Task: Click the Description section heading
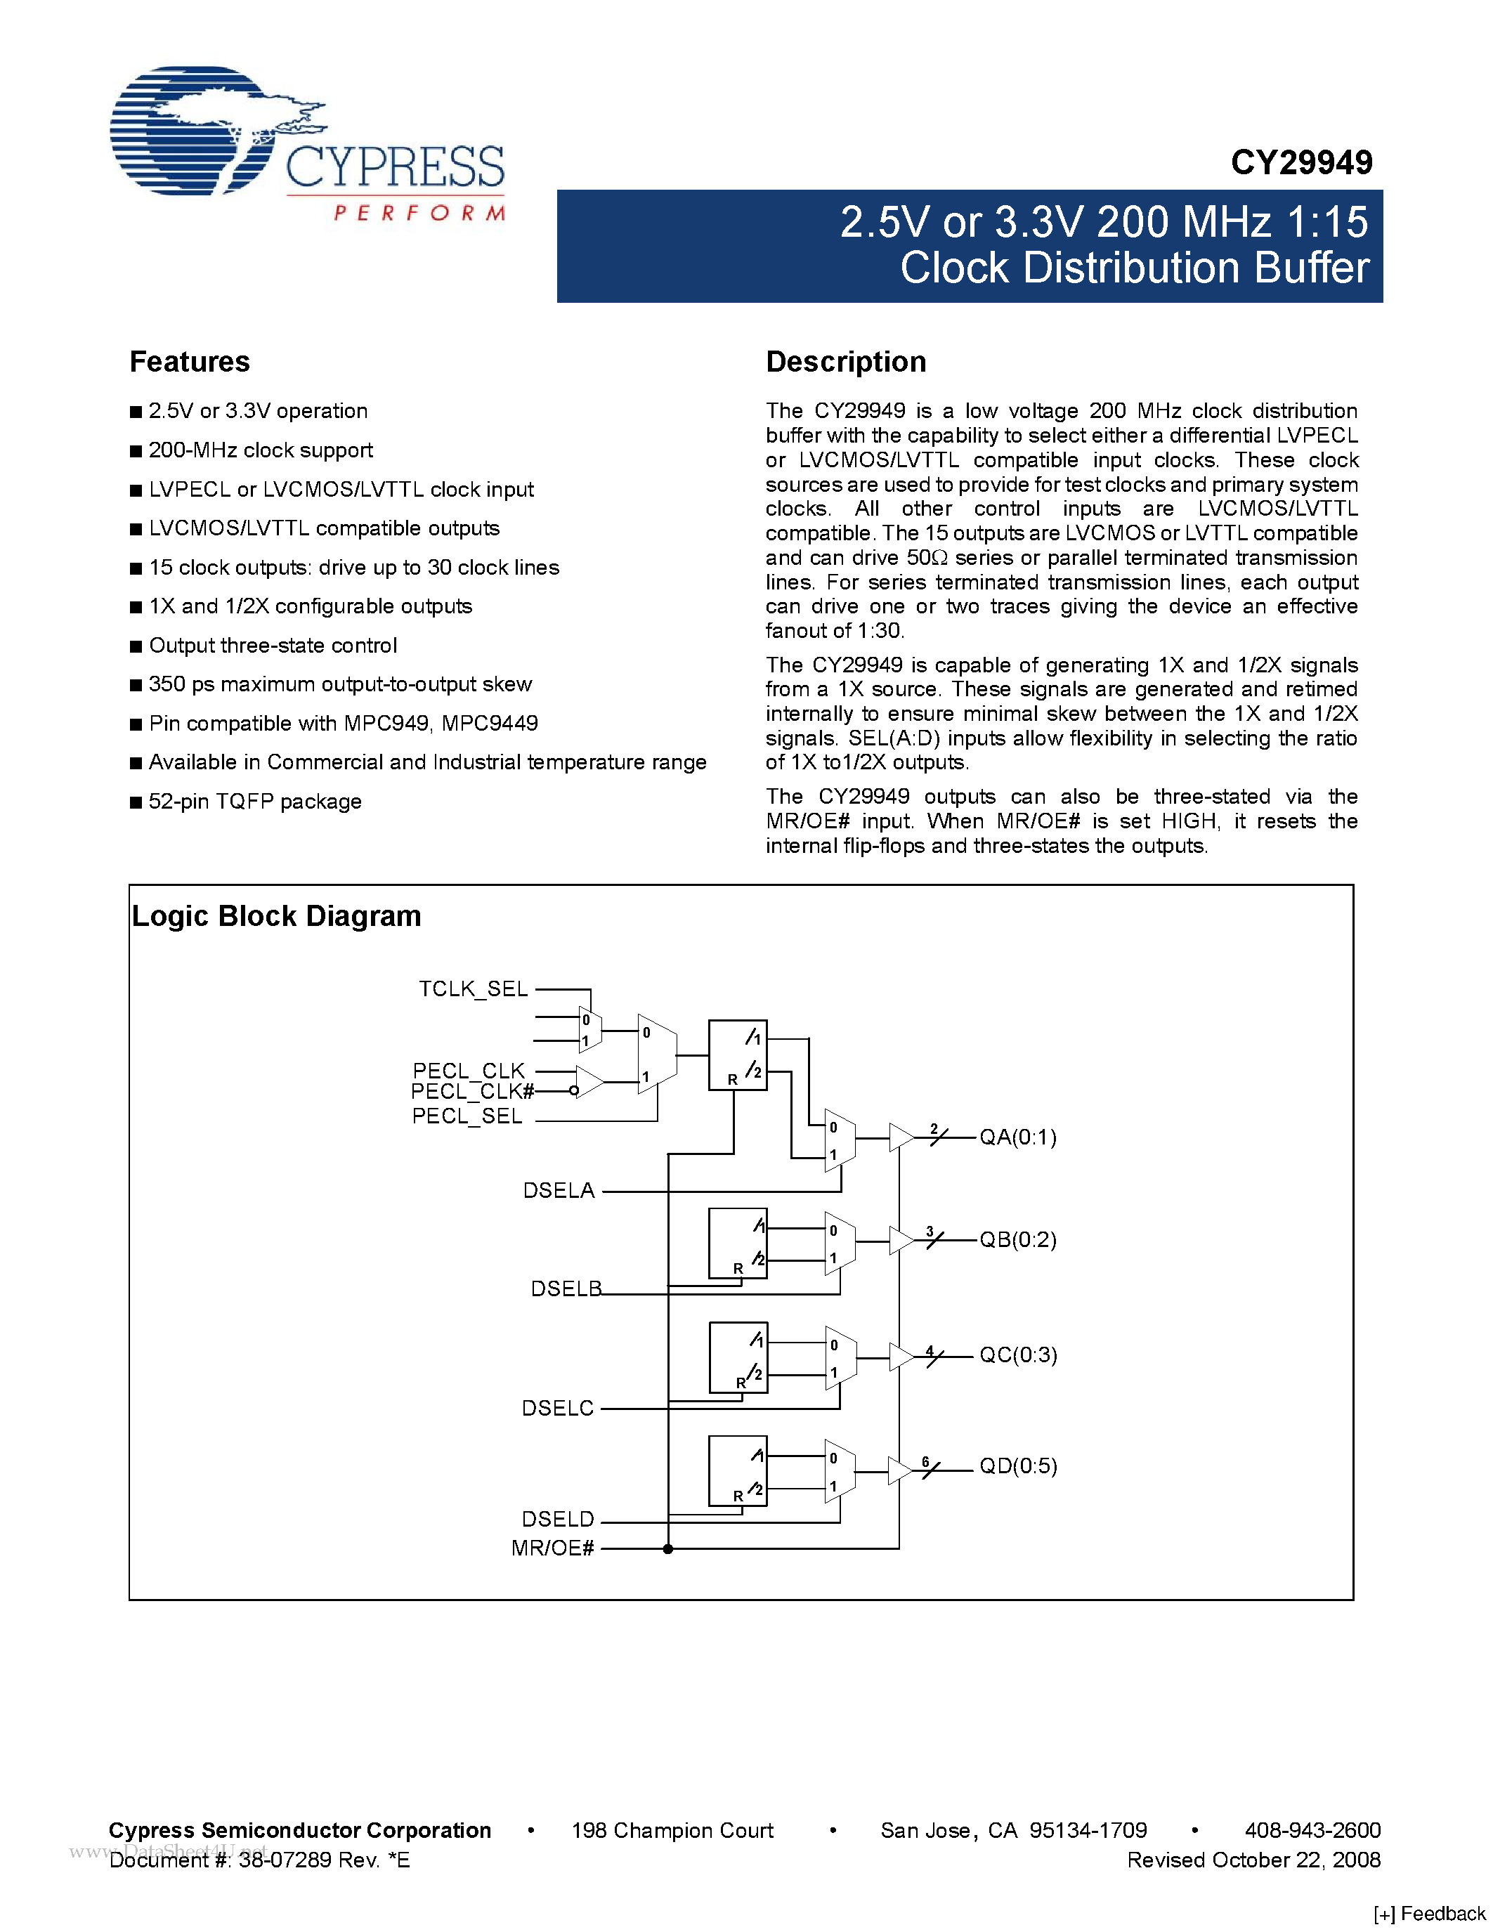tap(845, 362)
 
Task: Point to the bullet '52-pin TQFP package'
tap(255, 802)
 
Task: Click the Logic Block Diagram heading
tap(276, 916)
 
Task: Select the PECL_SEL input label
tap(467, 1116)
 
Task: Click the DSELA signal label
tap(559, 1191)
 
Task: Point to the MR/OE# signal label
tap(553, 1548)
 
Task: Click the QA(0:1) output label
tap(1018, 1137)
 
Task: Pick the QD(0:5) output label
tap(1018, 1466)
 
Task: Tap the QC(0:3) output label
tap(1018, 1355)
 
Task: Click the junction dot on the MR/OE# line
tap(667, 1548)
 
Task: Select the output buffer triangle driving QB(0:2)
tap(901, 1240)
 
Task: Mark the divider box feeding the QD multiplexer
tap(738, 1470)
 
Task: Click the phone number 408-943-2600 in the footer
tap(1312, 1830)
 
